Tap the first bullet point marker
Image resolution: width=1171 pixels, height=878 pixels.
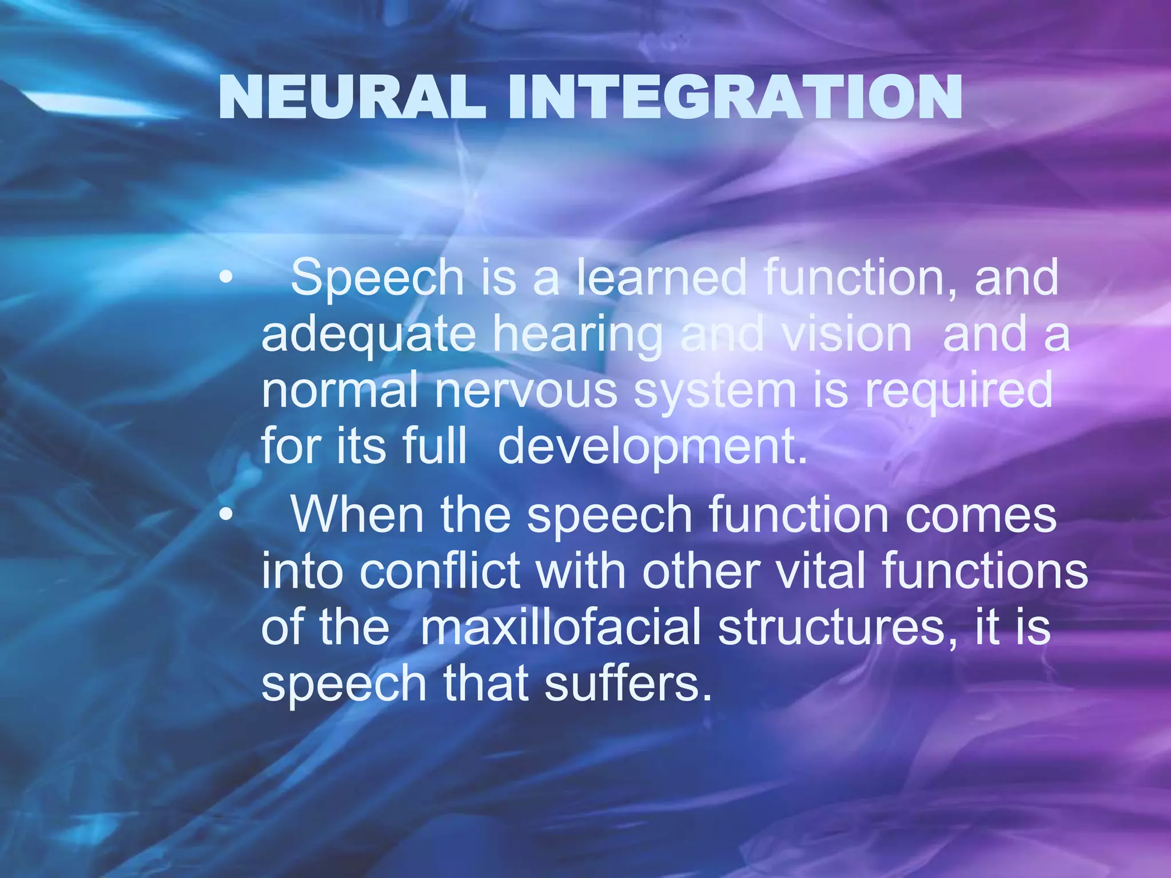click(226, 278)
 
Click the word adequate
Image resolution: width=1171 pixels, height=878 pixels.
click(368, 336)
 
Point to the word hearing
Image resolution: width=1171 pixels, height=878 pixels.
click(577, 336)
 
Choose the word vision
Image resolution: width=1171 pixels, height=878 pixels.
click(847, 334)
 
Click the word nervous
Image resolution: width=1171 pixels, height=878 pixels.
click(526, 391)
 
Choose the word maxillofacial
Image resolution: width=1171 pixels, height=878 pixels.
click(560, 627)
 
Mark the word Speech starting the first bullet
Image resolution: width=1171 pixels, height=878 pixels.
click(377, 278)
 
